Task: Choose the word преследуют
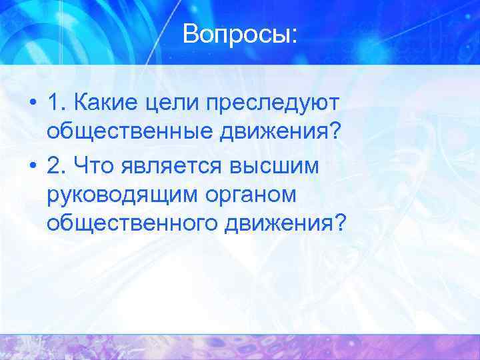[273, 104]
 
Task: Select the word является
[172, 164]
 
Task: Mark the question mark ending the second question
[341, 221]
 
